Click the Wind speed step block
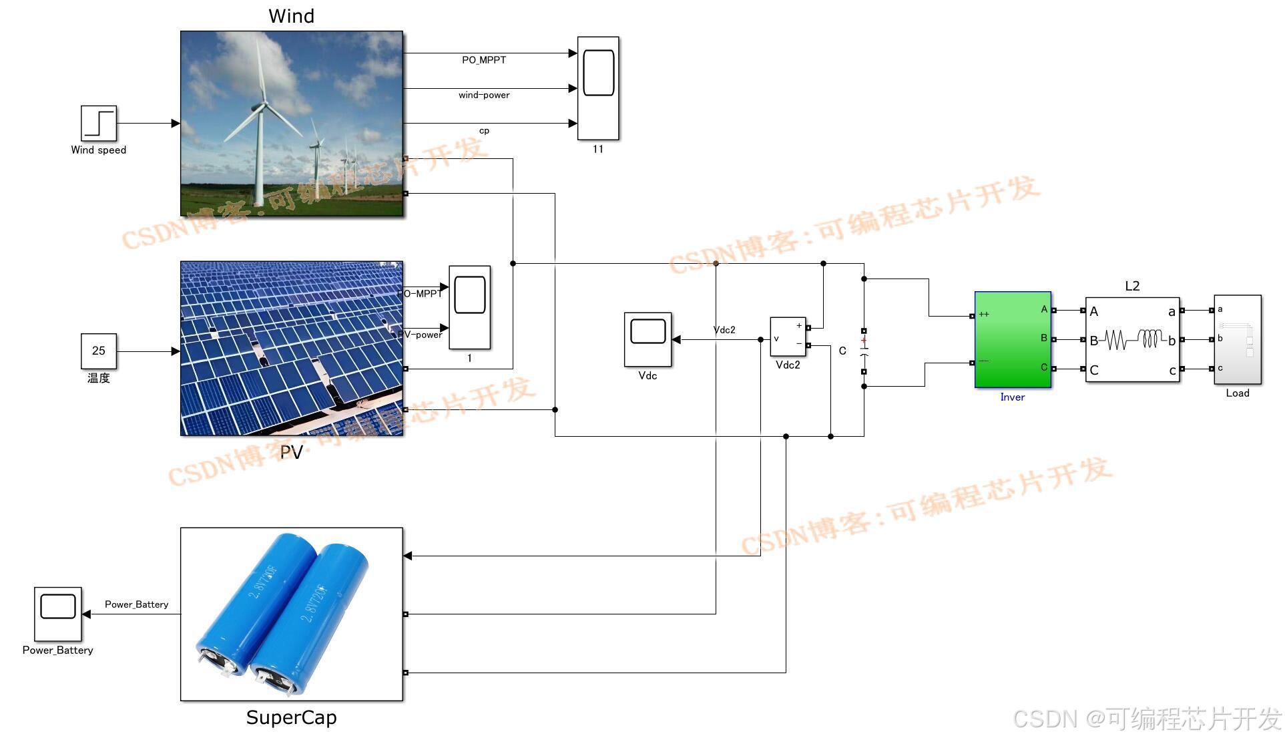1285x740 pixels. pos(99,123)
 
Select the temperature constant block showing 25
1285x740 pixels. pos(99,351)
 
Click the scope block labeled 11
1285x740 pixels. pos(598,88)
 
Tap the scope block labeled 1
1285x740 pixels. pos(469,307)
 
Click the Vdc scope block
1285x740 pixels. pos(648,339)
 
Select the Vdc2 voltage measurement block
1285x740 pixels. pos(788,337)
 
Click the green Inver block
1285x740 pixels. pos(1013,339)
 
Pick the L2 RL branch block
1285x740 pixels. pos(1132,339)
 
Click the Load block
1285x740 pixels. pos(1237,339)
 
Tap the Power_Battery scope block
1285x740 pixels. pos(58,614)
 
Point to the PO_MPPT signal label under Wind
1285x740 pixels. pos(484,60)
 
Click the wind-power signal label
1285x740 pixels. pos(484,96)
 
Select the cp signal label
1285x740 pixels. pos(484,131)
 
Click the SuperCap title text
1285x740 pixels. pos(291,717)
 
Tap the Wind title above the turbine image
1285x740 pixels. pos(291,16)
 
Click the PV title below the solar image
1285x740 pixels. pos(291,452)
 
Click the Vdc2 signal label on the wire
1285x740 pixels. pos(724,330)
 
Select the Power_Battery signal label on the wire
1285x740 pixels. pos(136,604)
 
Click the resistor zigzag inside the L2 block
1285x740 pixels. pos(1116,340)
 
